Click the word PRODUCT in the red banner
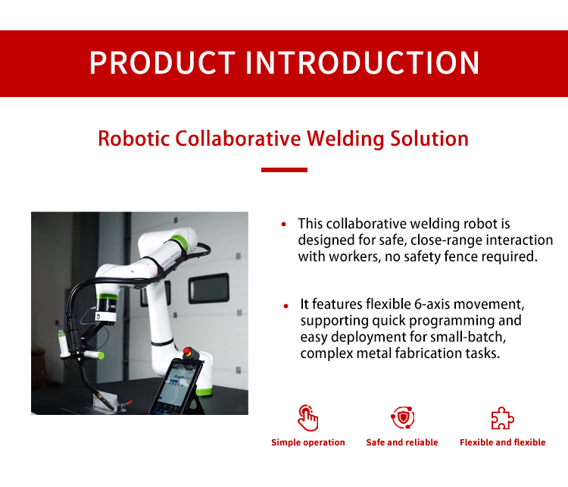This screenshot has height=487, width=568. (x=162, y=63)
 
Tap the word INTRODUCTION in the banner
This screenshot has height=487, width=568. (x=363, y=63)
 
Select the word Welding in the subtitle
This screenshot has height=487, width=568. (x=345, y=140)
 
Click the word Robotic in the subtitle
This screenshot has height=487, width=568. (x=133, y=139)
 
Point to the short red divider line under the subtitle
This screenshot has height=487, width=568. (x=284, y=170)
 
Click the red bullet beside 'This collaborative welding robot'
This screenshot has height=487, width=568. (x=284, y=225)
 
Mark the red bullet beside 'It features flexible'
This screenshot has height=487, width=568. (x=286, y=306)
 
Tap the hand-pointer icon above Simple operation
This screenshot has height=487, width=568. (x=308, y=418)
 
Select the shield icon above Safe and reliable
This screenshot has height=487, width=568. (x=402, y=418)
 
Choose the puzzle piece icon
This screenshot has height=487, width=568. (x=502, y=419)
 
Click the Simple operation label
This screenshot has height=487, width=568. (x=308, y=442)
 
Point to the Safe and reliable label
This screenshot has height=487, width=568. (x=402, y=442)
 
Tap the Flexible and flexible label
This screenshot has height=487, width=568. (x=502, y=442)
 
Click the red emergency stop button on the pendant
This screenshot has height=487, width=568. (x=188, y=351)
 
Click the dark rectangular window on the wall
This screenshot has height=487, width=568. (x=209, y=289)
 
